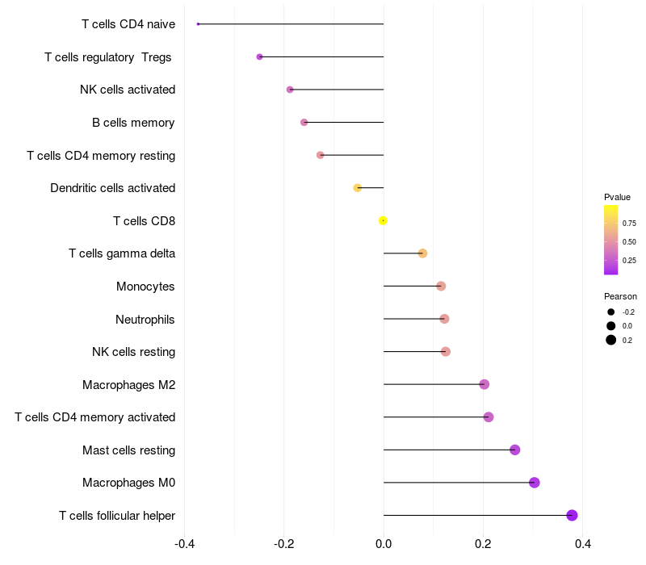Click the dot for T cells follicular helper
pyautogui.click(x=572, y=515)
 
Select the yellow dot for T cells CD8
pyautogui.click(x=383, y=220)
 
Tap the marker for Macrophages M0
pyautogui.click(x=534, y=483)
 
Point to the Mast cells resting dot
pyautogui.click(x=515, y=450)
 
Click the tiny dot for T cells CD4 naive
pyautogui.click(x=198, y=24)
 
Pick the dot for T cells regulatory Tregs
pyautogui.click(x=259, y=56)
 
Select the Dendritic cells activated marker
pyautogui.click(x=357, y=188)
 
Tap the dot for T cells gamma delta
pyautogui.click(x=422, y=253)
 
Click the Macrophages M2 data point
pyautogui.click(x=484, y=384)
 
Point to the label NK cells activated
pyautogui.click(x=128, y=90)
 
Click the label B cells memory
pyautogui.click(x=133, y=123)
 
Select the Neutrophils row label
pyautogui.click(x=145, y=319)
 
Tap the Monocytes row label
pyautogui.click(x=145, y=287)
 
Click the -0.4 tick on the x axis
pyautogui.click(x=184, y=544)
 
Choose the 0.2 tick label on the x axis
pyautogui.click(x=483, y=544)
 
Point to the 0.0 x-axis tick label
pyautogui.click(x=384, y=544)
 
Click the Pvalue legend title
pyautogui.click(x=617, y=197)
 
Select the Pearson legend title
pyautogui.click(x=620, y=296)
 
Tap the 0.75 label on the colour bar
pyautogui.click(x=629, y=223)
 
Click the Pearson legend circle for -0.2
pyautogui.click(x=611, y=312)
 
